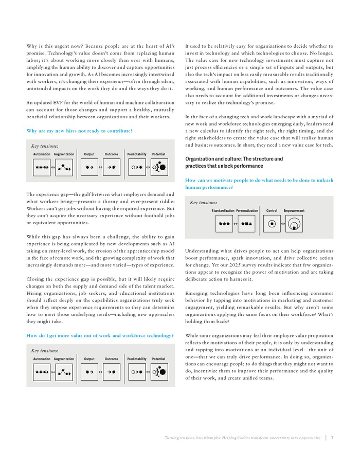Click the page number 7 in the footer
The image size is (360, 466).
click(x=332, y=438)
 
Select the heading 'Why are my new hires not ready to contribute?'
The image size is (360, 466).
click(x=79, y=131)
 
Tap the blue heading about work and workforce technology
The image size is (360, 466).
click(x=100, y=335)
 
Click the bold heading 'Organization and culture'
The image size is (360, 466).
click(x=234, y=162)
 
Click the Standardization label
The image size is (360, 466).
click(x=223, y=211)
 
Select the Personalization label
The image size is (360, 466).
click(x=247, y=211)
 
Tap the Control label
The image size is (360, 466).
click(x=272, y=211)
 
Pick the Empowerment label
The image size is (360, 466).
click(x=294, y=211)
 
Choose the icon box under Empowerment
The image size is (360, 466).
click(x=294, y=224)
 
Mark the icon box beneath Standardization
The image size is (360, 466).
click(x=224, y=224)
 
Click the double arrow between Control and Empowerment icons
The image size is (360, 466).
click(x=283, y=224)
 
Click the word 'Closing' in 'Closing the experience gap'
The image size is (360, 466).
click(x=36, y=278)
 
